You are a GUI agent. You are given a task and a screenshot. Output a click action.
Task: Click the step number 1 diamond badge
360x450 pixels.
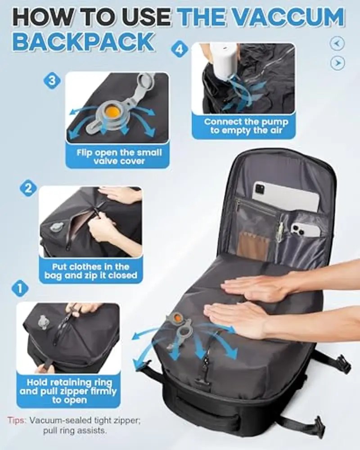pyautogui.click(x=20, y=288)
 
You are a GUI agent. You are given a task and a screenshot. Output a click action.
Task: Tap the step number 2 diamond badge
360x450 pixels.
pyautogui.click(x=28, y=189)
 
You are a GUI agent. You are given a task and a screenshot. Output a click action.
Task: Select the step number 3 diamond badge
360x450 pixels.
pyautogui.click(x=52, y=81)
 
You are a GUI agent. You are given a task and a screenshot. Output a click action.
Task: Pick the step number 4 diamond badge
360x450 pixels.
pyautogui.click(x=180, y=49)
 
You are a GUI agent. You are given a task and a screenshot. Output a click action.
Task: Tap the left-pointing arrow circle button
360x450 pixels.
pyautogui.click(x=337, y=44)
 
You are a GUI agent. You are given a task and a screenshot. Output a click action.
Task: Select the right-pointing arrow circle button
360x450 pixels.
pyautogui.click(x=337, y=63)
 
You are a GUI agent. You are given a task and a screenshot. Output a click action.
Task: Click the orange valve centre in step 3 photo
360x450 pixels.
pyautogui.click(x=111, y=110)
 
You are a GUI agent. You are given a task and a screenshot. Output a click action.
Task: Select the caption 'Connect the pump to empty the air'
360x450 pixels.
pyautogui.click(x=246, y=126)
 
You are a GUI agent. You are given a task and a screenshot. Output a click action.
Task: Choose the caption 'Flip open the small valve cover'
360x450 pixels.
pyautogui.click(x=119, y=157)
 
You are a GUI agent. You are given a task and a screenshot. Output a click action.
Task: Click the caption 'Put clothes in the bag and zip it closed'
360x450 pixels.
pyautogui.click(x=91, y=271)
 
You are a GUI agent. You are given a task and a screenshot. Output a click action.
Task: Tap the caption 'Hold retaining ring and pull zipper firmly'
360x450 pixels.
pyautogui.click(x=68, y=387)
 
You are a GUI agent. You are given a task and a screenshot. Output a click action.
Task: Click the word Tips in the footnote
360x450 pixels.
pyautogui.click(x=17, y=420)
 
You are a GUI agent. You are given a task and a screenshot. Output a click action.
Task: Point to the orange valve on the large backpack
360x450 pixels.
pyautogui.click(x=178, y=317)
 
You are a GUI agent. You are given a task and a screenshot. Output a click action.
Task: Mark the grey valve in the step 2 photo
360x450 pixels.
pyautogui.click(x=56, y=226)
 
